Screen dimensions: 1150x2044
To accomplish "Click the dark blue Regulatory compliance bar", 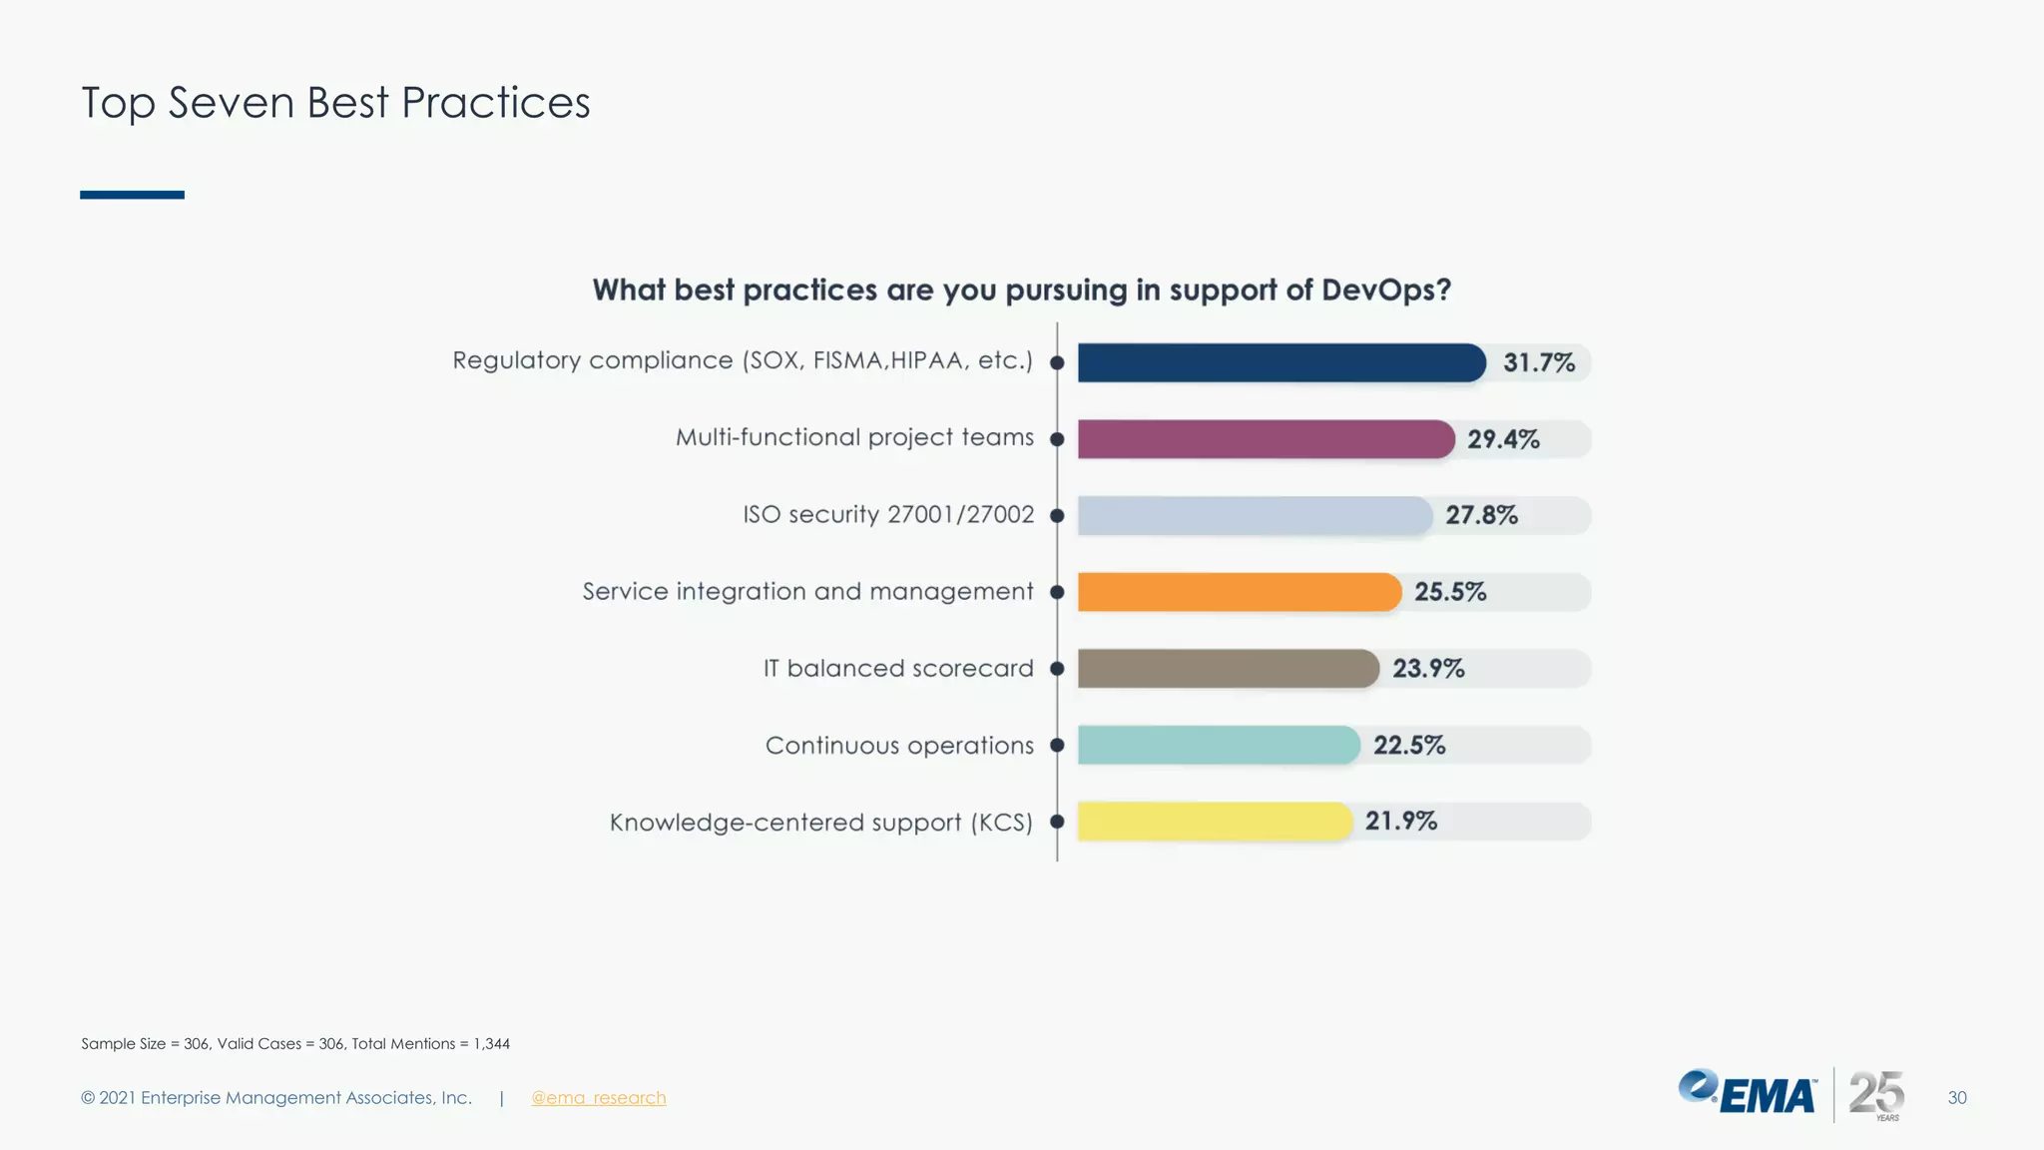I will pyautogui.click(x=1281, y=362).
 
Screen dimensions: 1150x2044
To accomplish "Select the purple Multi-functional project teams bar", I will pyautogui.click(x=1266, y=439).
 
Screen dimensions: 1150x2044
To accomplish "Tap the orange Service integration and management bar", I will pyautogui.click(x=1240, y=592).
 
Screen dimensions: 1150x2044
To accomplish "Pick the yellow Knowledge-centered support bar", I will pyautogui.click(x=1215, y=822).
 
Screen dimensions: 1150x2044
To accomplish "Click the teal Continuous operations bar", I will pyautogui.click(x=1219, y=745).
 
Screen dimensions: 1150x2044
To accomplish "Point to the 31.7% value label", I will pyautogui.click(x=1539, y=362).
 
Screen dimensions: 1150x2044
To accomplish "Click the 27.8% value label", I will pyautogui.click(x=1481, y=515).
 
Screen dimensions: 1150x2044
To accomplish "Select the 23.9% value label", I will pyautogui.click(x=1428, y=669).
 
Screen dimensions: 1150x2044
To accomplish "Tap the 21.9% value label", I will pyautogui.click(x=1401, y=821).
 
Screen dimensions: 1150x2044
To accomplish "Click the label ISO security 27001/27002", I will pyautogui.click(x=888, y=515).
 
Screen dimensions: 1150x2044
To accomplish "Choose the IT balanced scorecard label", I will pyautogui.click(x=898, y=669).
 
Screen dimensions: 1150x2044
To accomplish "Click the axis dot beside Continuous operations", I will pyautogui.click(x=1057, y=745).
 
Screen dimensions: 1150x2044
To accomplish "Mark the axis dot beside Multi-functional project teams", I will pyautogui.click(x=1057, y=439).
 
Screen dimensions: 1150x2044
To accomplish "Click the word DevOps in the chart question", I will pyautogui.click(x=1385, y=290).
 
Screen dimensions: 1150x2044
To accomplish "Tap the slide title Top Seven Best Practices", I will pyautogui.click(x=335, y=103).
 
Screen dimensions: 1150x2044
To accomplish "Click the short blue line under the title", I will pyautogui.click(x=132, y=195).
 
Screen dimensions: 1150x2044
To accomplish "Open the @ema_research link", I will pyautogui.click(x=598, y=1098).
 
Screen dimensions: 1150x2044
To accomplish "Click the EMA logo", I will pyautogui.click(x=1748, y=1094).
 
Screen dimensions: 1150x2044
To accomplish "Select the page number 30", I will pyautogui.click(x=1956, y=1098).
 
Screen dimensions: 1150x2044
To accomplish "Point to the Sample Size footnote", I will pyautogui.click(x=295, y=1044).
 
